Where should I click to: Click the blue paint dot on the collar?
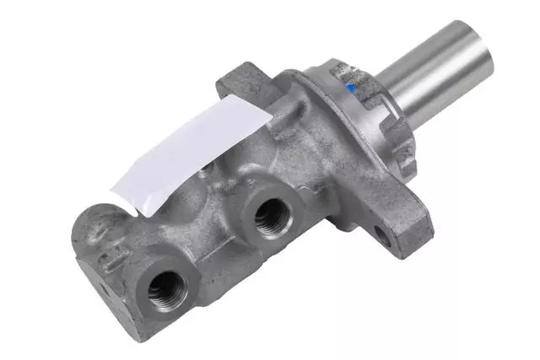pyautogui.click(x=350, y=87)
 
